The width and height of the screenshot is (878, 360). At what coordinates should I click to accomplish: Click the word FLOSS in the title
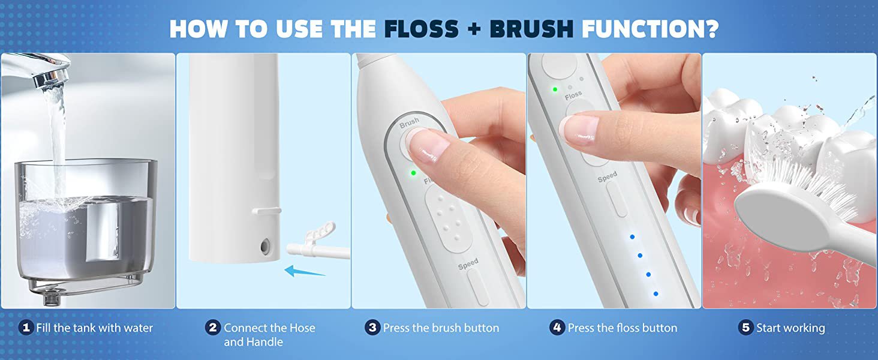422,28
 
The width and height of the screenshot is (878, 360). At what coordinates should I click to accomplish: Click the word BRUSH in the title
531,28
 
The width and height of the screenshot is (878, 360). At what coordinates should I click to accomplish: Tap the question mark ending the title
710,28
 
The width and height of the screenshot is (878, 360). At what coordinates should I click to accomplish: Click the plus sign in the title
474,29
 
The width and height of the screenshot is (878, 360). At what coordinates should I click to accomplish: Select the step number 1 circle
26,328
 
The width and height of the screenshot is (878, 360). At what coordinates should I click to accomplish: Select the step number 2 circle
213,328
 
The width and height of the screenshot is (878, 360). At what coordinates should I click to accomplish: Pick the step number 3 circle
372,328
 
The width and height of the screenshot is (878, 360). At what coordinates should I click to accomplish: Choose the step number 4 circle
557,328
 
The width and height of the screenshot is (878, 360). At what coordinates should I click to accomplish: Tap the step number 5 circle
745,328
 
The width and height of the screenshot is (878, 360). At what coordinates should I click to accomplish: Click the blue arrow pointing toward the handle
304,271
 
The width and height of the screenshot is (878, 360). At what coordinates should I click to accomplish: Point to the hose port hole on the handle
265,246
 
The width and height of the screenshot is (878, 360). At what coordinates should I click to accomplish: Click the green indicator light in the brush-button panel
413,173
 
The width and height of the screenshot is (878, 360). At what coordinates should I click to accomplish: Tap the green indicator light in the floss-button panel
555,89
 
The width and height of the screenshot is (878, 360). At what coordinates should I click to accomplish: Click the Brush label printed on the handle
409,123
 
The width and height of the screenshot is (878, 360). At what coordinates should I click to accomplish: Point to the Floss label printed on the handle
573,95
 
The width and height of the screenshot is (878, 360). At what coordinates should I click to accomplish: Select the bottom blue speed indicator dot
656,293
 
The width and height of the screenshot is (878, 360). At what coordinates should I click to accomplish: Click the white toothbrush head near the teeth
799,212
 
